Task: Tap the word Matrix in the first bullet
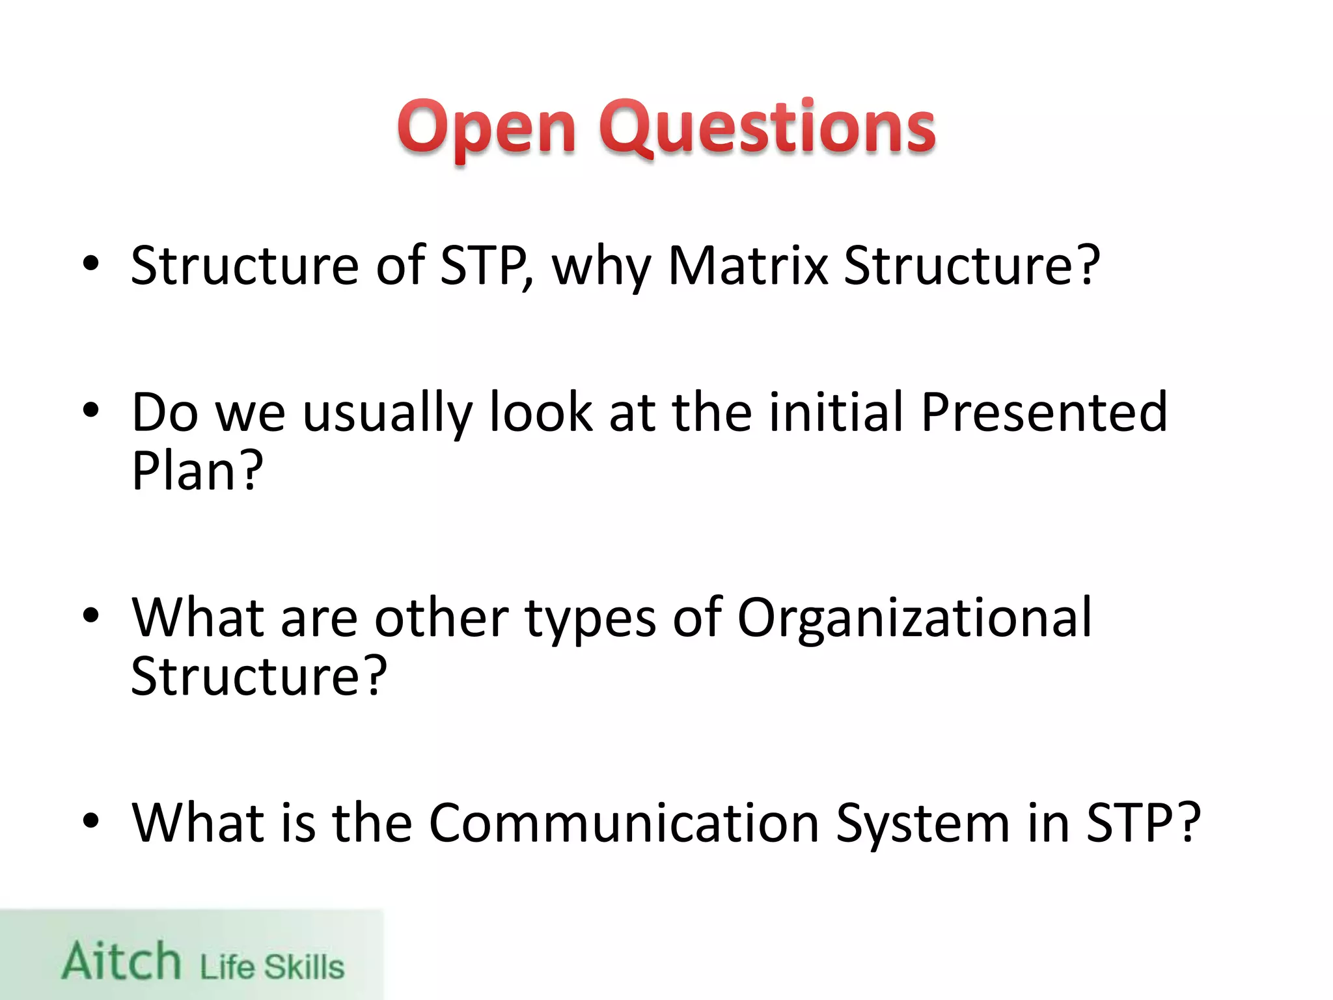pos(749,266)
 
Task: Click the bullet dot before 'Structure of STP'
pos(91,264)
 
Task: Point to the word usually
pos(387,414)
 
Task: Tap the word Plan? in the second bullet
pos(197,471)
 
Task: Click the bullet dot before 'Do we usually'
pos(91,411)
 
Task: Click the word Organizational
pos(914,618)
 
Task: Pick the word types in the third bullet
pos(590,620)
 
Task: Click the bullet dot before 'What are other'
pos(91,615)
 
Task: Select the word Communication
pos(624,823)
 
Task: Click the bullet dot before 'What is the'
pos(91,821)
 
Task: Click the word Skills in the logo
pos(303,967)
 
